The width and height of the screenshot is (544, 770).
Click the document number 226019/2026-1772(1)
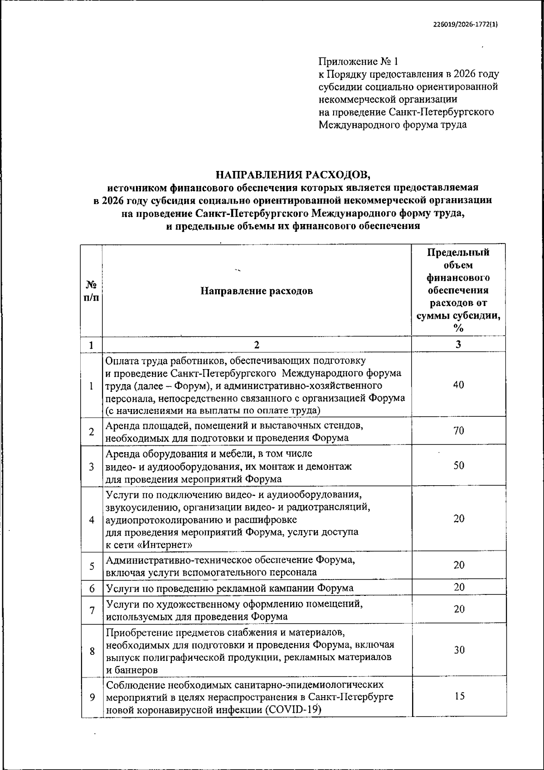click(x=464, y=25)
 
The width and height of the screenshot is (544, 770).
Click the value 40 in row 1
click(x=458, y=385)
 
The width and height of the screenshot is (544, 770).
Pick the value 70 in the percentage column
click(x=458, y=431)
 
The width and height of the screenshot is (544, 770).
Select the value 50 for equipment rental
click(x=458, y=465)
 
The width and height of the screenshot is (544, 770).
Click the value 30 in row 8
click(x=459, y=650)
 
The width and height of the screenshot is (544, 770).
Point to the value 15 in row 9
click(x=459, y=696)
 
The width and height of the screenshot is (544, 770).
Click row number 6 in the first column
click(x=92, y=588)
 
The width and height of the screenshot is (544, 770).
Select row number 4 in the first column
click(x=92, y=520)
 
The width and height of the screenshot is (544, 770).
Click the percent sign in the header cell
click(x=458, y=328)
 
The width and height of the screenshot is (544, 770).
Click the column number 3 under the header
click(x=458, y=344)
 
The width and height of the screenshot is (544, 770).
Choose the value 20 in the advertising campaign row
click(x=459, y=587)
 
